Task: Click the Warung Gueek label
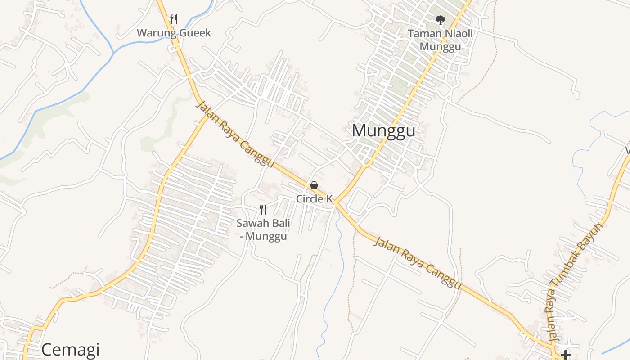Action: pyautogui.click(x=174, y=33)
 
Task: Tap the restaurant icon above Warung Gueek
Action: pyautogui.click(x=174, y=19)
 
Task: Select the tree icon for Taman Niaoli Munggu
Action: pyautogui.click(x=440, y=20)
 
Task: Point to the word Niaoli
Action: pyautogui.click(x=456, y=33)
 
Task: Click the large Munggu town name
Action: pyautogui.click(x=383, y=130)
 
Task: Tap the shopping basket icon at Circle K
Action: pyautogui.click(x=314, y=185)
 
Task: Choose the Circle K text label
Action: pyautogui.click(x=314, y=199)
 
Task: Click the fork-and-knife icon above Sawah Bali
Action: pyautogui.click(x=263, y=209)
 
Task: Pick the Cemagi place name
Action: pyautogui.click(x=70, y=350)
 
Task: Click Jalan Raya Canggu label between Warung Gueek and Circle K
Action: pyautogui.click(x=235, y=134)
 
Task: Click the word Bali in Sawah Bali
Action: pyautogui.click(x=280, y=223)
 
